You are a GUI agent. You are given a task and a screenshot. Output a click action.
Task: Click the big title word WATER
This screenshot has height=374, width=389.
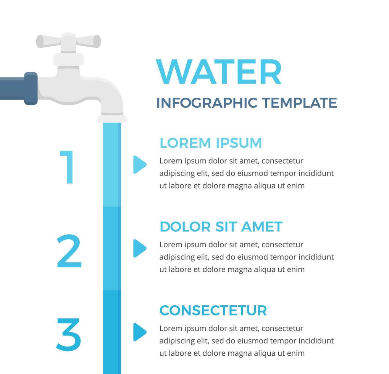[x=219, y=72]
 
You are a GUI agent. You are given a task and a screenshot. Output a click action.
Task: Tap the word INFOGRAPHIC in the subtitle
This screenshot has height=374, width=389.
[x=207, y=103]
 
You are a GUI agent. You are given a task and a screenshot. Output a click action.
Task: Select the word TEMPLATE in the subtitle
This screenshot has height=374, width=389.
[x=299, y=103]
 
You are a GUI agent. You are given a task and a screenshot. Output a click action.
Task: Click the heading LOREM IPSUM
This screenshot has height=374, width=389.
[x=211, y=143]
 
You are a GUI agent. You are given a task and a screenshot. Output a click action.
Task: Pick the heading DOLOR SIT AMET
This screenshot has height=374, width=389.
[x=221, y=227]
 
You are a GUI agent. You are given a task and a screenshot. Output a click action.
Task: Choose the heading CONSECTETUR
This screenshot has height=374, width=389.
[x=213, y=310]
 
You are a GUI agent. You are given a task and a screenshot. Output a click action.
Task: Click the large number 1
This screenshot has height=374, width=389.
[x=67, y=167]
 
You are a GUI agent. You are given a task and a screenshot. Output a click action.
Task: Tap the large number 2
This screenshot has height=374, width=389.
[x=69, y=251]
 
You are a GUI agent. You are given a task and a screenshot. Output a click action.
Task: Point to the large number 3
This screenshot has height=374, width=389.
[x=68, y=335]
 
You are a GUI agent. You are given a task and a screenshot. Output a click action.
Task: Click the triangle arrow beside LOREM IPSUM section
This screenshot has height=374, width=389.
[x=139, y=164]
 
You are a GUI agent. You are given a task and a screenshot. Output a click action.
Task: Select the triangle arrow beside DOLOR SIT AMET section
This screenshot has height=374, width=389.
[x=139, y=248]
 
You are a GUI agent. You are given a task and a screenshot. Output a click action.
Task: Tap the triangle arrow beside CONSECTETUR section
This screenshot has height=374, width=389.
[x=139, y=332]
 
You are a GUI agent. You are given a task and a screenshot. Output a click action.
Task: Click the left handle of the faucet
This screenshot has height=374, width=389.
[x=48, y=41]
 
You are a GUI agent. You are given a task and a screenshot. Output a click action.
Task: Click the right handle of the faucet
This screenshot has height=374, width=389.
[x=88, y=41]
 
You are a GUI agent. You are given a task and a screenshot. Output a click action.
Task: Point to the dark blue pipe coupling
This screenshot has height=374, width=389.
[x=31, y=88]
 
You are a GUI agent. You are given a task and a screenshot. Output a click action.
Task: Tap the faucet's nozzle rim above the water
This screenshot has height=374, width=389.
[x=112, y=119]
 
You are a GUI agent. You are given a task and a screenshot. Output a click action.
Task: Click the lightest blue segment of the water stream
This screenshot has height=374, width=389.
[x=112, y=165]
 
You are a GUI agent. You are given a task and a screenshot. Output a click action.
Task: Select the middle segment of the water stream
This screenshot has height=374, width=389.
[x=112, y=248]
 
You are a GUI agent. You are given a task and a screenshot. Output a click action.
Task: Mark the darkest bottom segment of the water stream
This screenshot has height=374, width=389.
[x=112, y=332]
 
